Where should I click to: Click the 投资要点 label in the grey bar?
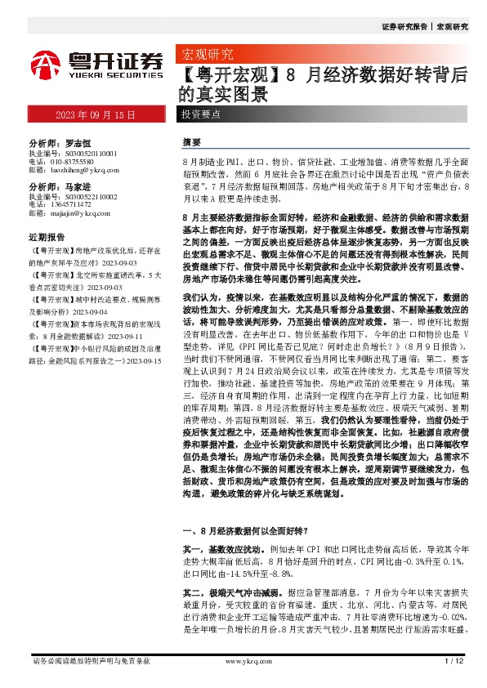point(200,115)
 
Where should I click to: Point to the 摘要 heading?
point(191,142)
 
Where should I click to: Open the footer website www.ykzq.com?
point(243,659)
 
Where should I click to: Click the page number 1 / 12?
point(454,659)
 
